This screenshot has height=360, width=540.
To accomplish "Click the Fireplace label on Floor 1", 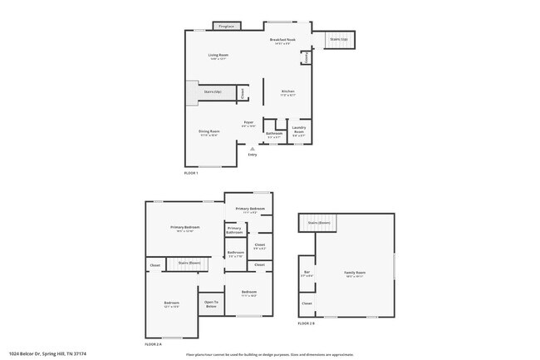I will click(x=226, y=27).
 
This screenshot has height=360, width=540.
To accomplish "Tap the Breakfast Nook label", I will click(x=283, y=42).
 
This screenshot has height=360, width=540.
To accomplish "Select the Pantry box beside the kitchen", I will click(x=306, y=58).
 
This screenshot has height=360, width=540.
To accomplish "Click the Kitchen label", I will click(x=288, y=92).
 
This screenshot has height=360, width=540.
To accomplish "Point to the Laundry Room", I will click(x=299, y=130).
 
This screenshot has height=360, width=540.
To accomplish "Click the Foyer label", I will click(x=248, y=124).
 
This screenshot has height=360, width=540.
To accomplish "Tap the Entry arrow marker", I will click(x=253, y=149).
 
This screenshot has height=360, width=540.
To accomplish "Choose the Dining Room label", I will click(x=209, y=132).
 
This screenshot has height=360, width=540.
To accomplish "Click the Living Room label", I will click(x=218, y=57).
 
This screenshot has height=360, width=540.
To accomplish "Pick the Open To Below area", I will click(x=211, y=303).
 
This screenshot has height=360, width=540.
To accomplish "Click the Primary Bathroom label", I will click(x=234, y=230).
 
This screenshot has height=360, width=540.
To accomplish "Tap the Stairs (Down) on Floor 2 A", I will click(x=189, y=263).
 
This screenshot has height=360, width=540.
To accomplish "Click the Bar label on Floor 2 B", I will click(x=306, y=274).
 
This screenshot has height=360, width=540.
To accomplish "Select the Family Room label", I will click(x=355, y=274).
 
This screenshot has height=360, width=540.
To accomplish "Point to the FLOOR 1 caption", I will click(x=191, y=173).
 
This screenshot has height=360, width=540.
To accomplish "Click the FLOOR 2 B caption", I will click(x=306, y=323).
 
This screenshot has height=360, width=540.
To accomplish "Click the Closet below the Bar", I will click(x=307, y=303).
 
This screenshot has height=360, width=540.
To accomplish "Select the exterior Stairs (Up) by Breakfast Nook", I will click(x=337, y=39).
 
